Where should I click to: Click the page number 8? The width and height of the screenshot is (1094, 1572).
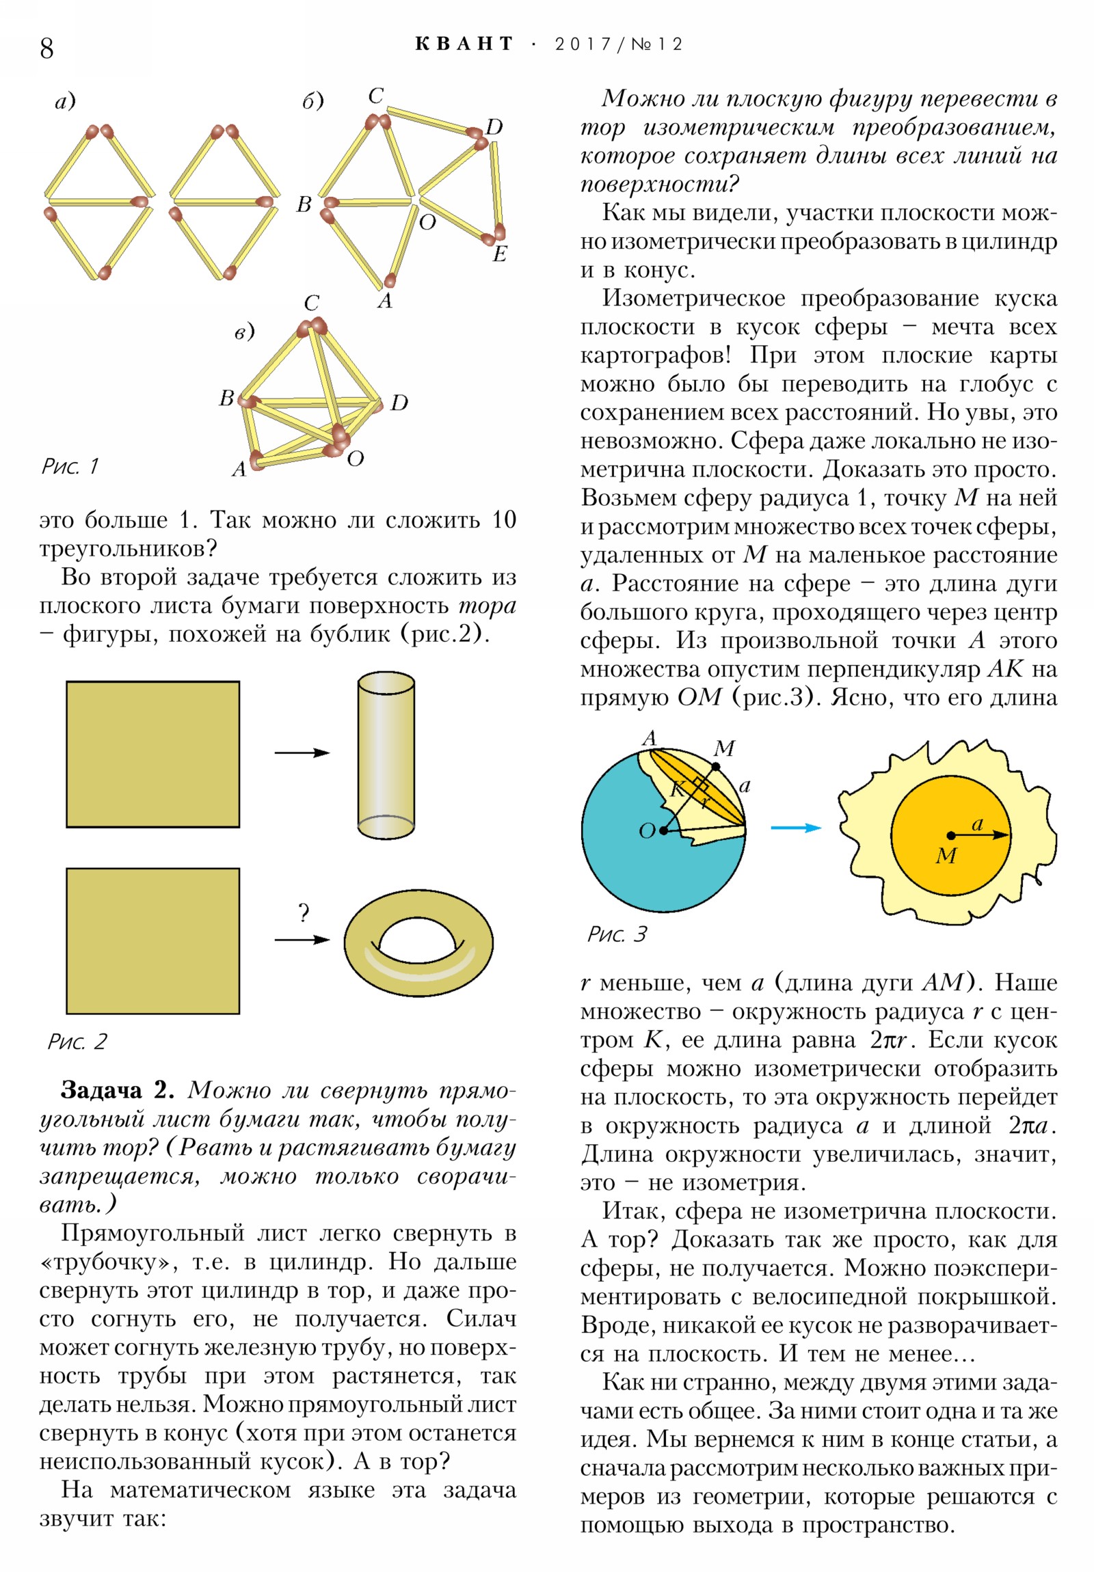click(x=46, y=48)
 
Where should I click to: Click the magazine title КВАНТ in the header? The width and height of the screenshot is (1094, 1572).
click(x=464, y=44)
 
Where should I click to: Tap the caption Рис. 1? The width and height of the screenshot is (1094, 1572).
click(x=70, y=466)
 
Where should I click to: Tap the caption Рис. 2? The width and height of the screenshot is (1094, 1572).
click(x=77, y=1042)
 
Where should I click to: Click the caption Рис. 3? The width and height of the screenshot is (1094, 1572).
click(x=617, y=934)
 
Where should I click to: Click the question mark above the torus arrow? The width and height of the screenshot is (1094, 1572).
click(x=304, y=912)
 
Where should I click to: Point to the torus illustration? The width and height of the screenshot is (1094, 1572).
click(x=418, y=945)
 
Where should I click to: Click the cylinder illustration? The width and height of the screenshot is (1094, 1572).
click(x=386, y=755)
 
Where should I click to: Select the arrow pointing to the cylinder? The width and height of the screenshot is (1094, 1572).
click(x=302, y=753)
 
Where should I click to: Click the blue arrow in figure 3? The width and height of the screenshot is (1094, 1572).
click(x=795, y=828)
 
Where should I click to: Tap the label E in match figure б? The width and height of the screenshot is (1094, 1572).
click(x=499, y=254)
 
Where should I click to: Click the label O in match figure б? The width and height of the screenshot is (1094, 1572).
click(x=427, y=223)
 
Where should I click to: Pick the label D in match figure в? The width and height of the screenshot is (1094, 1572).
click(x=399, y=403)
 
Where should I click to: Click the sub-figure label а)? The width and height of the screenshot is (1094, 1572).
click(x=65, y=102)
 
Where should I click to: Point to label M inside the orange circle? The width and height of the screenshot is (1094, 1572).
click(x=946, y=855)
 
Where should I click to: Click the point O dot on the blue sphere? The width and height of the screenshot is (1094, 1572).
click(x=663, y=830)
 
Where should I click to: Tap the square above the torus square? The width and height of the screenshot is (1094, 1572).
click(x=152, y=754)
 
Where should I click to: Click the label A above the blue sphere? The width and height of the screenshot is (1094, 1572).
click(x=649, y=737)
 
